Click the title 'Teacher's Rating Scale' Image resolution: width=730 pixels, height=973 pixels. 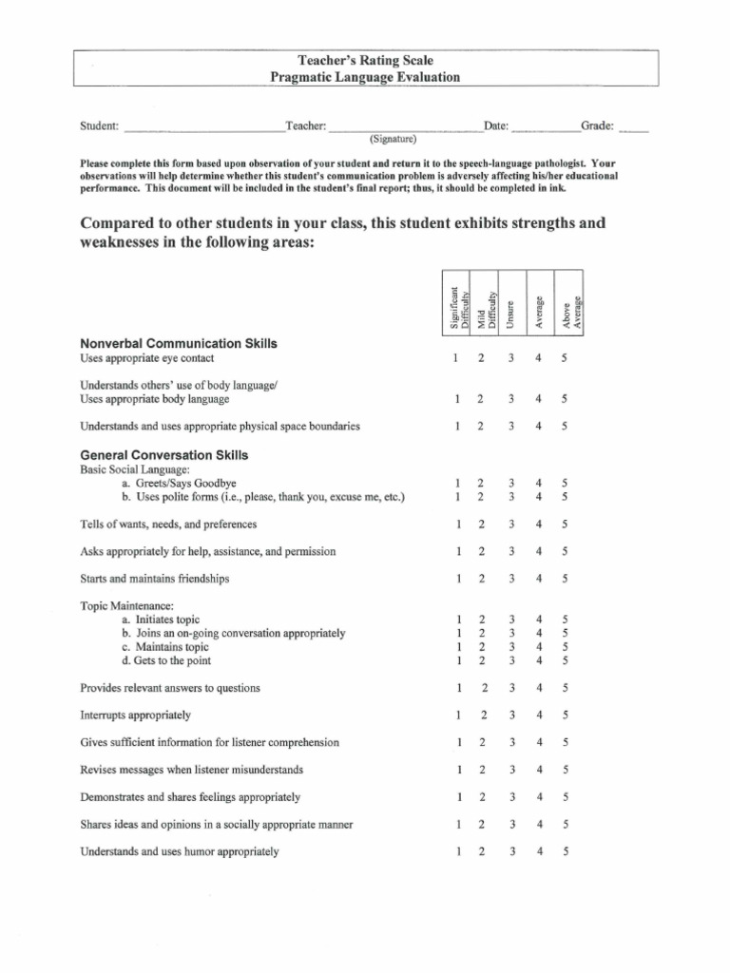(365, 61)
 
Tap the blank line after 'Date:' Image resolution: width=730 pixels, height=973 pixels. (545, 128)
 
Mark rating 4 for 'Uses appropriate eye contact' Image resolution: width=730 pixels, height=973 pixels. (539, 358)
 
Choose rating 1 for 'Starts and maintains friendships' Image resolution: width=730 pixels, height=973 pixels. (457, 578)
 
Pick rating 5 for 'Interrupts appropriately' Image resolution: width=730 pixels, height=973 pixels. (566, 715)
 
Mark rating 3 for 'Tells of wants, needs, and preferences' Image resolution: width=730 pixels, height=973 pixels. (511, 524)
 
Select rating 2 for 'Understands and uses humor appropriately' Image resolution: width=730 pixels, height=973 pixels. (482, 851)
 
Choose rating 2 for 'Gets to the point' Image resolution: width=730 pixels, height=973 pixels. (481, 660)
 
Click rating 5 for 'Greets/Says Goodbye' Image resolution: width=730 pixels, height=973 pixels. (566, 483)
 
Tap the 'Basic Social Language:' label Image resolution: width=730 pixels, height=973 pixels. (135, 469)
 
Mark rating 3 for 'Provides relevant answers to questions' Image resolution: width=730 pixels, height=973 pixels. (511, 687)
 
